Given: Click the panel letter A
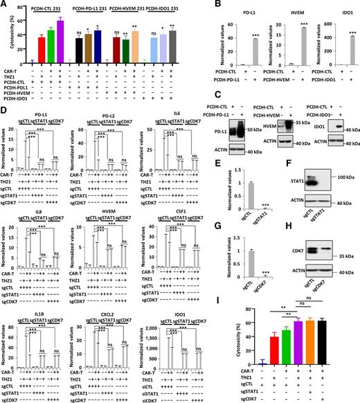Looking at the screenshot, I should click(4, 5).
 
